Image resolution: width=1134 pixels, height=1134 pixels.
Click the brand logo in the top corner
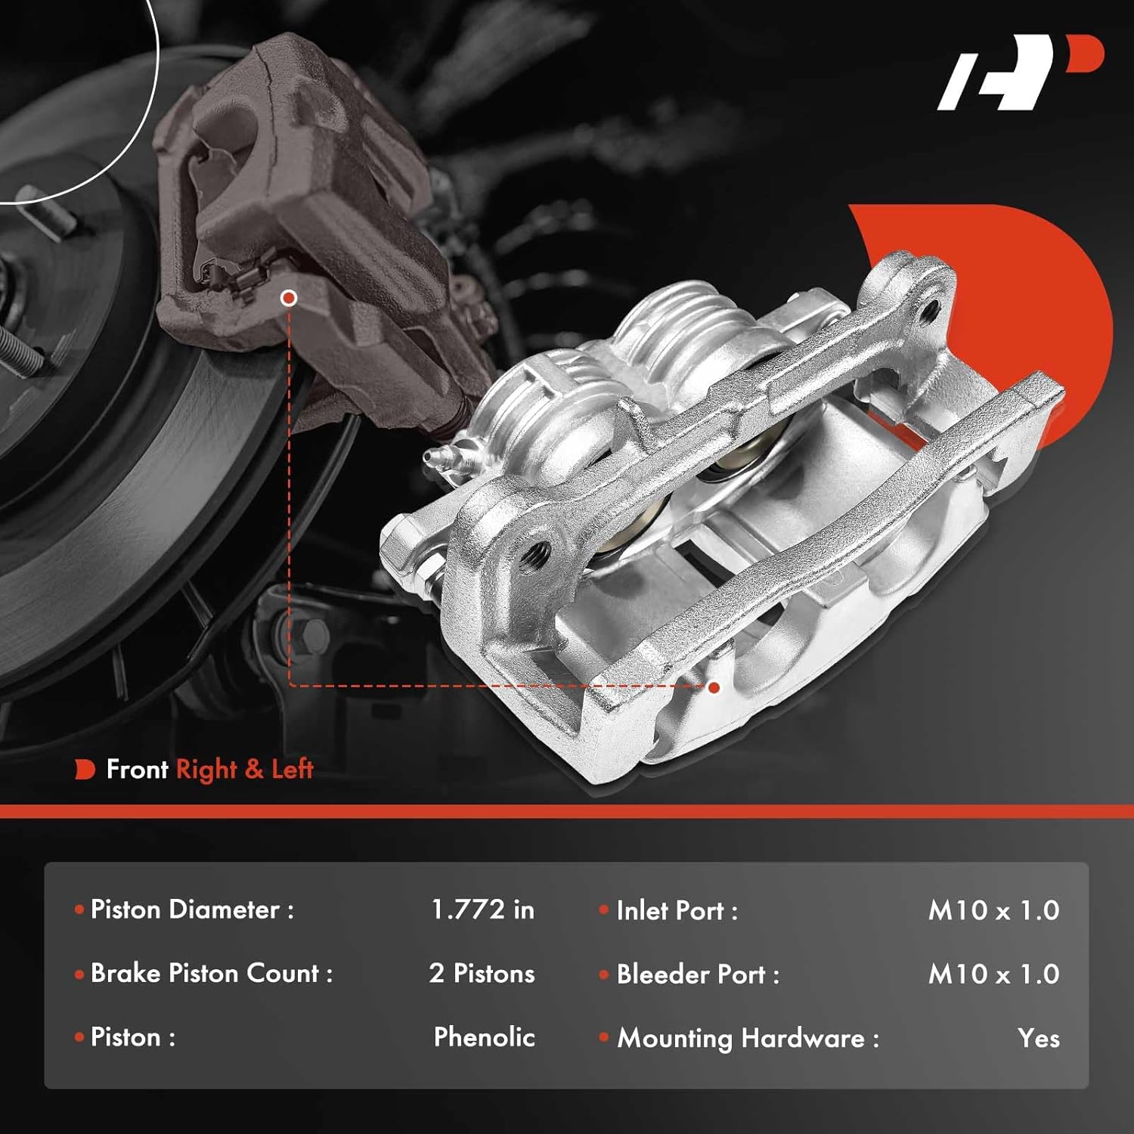click(1020, 73)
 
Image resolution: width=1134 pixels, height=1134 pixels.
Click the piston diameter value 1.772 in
click(482, 909)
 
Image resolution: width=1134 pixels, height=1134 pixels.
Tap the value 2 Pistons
click(482, 974)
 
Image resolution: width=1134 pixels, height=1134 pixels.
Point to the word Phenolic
click(484, 1037)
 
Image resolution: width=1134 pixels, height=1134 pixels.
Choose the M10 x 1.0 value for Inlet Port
click(993, 910)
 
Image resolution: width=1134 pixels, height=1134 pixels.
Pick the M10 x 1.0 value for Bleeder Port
click(993, 974)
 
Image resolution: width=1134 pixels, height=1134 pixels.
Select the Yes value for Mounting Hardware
click(1038, 1038)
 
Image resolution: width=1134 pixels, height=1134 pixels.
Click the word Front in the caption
click(137, 770)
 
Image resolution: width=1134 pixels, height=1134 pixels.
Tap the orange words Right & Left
click(244, 770)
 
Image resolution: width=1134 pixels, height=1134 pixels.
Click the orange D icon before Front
click(85, 770)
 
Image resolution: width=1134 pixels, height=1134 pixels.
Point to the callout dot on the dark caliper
click(288, 298)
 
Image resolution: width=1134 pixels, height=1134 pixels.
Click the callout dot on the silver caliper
click(714, 687)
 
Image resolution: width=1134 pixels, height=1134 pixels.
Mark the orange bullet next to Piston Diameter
click(79, 909)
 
